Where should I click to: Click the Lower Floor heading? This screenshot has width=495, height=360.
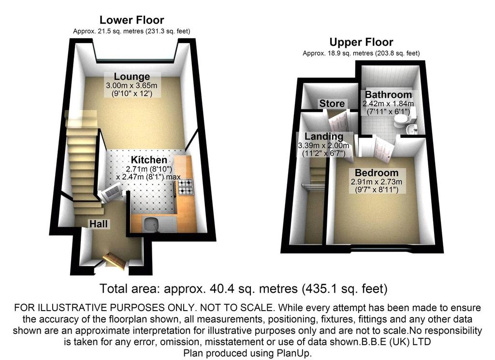click(131, 20)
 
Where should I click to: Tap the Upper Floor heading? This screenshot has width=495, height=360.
click(361, 42)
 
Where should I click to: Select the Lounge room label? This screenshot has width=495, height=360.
click(131, 76)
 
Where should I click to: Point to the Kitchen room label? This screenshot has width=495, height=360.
click(149, 160)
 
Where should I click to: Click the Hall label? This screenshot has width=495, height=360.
click(98, 224)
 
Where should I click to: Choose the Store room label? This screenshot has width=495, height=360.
click(332, 104)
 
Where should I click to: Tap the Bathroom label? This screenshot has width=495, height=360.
click(388, 94)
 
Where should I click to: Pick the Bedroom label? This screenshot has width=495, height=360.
click(376, 173)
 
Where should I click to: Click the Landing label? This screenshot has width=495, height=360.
click(324, 136)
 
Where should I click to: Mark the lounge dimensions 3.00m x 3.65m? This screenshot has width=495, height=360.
click(131, 85)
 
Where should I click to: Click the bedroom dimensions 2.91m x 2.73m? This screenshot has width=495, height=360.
click(376, 182)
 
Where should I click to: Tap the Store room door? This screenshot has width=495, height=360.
click(339, 121)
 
